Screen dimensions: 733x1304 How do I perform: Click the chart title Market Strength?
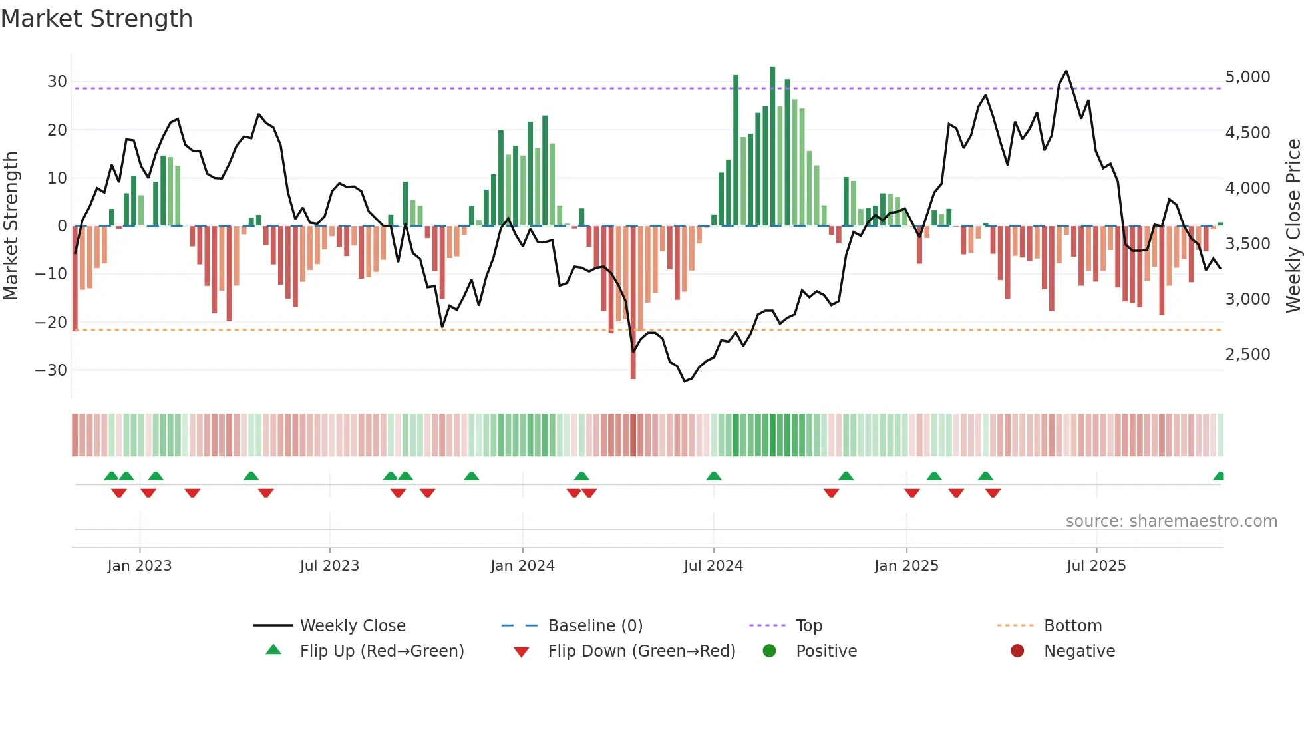pos(96,19)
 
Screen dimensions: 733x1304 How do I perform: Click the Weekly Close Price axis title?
pos(1293,225)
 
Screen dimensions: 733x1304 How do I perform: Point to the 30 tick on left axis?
pos(57,82)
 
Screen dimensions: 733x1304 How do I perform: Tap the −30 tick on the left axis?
pos(51,370)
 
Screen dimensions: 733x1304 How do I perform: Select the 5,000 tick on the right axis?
pos(1247,77)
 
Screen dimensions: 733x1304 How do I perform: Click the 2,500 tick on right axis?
pos(1247,355)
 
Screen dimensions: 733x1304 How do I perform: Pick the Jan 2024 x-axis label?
pos(522,566)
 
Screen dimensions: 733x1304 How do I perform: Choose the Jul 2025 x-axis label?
pos(1096,566)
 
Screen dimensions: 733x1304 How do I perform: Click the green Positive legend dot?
pos(770,651)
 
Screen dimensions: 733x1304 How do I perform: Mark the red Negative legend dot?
pos(1017,651)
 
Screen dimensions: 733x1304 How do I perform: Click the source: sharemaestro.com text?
pos(1171,521)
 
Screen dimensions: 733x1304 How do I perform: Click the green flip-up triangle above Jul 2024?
pos(714,476)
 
